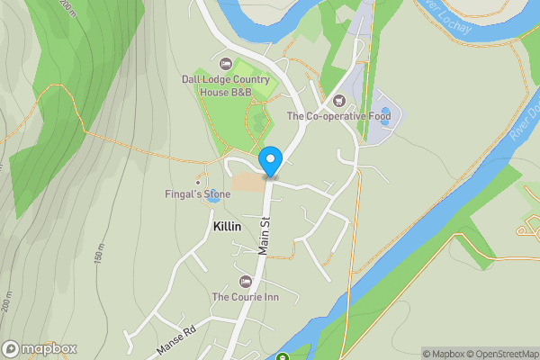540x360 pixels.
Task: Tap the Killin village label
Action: [227, 227]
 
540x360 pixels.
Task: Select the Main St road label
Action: [265, 235]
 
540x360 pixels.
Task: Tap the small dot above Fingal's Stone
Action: [198, 182]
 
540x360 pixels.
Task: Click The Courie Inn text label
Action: [245, 297]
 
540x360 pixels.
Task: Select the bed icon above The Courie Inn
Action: [245, 282]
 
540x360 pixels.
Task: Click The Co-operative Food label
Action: [337, 116]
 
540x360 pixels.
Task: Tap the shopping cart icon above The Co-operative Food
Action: [338, 100]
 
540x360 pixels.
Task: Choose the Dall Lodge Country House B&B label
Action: [225, 85]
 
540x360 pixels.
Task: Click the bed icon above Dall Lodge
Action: [225, 64]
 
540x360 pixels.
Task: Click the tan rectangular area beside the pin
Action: [248, 182]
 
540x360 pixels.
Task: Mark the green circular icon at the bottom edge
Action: [283, 356]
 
